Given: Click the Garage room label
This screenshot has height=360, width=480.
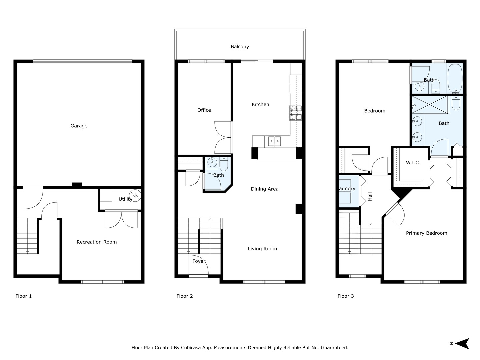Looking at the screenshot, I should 79,126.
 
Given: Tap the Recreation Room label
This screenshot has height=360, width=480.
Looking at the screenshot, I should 97,242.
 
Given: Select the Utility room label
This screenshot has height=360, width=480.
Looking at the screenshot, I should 125,199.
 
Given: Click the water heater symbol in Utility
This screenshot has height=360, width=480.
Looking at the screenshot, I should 136,194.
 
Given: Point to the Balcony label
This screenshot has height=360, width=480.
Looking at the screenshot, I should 240,47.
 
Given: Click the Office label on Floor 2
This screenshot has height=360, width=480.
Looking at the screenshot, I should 204,110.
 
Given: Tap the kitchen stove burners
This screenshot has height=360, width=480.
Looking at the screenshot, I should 296,112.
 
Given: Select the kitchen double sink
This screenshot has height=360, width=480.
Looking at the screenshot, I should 274,141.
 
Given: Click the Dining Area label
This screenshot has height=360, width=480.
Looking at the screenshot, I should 264,189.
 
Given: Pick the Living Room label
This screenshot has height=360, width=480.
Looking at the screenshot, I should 262,249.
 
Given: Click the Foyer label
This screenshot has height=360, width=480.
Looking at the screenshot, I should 199,261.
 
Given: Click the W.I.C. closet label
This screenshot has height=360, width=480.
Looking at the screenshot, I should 413,163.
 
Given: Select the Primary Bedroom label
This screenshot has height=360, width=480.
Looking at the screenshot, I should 426,233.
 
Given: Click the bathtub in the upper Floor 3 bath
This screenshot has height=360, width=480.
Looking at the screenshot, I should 455,79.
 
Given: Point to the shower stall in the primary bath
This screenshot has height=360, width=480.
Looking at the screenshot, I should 430,105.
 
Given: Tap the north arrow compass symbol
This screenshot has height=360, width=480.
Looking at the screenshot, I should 462,343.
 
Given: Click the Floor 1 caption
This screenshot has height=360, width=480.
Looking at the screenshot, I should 24,296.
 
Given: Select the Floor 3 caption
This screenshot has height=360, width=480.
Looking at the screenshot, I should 346,296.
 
